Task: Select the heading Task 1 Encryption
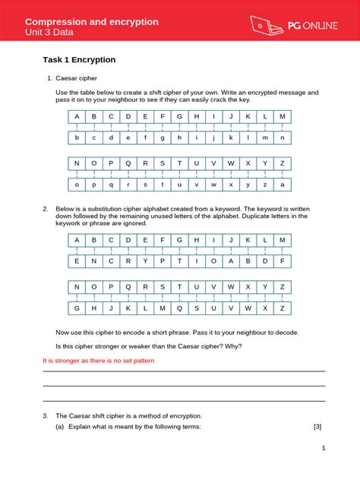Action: pos(79,59)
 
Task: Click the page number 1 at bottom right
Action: pos(324,448)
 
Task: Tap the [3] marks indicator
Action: pos(317,427)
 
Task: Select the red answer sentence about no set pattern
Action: pos(98,361)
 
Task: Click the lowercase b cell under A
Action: pos(76,137)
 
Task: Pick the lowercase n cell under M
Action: pos(282,137)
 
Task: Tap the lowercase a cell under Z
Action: pos(282,185)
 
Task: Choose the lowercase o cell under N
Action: pos(76,185)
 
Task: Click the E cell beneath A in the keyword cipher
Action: pos(76,261)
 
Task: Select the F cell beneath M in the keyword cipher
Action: pos(282,261)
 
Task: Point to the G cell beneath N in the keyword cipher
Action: pos(76,308)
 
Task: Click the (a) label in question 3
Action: pos(59,427)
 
